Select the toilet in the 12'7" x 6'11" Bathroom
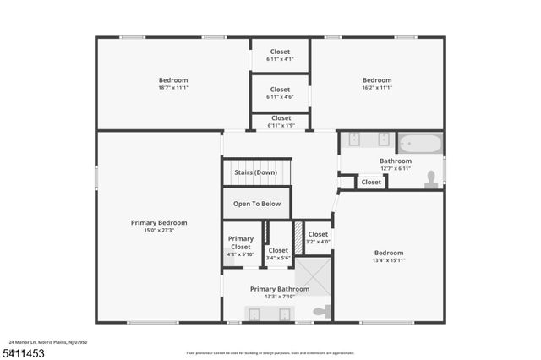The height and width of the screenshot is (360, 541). pyautogui.click(x=431, y=178)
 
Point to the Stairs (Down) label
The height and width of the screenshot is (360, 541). pyautogui.click(x=255, y=172)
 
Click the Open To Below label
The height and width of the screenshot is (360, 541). pyautogui.click(x=257, y=204)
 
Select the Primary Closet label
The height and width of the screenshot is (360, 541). pyautogui.click(x=241, y=243)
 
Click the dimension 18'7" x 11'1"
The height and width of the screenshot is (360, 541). pyautogui.click(x=172, y=88)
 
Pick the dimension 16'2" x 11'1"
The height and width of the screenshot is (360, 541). pyautogui.click(x=377, y=88)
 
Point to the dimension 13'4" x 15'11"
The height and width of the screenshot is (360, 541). pyautogui.click(x=389, y=261)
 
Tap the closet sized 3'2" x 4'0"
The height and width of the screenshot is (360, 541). pyautogui.click(x=318, y=242)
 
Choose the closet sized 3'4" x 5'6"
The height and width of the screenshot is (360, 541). pyautogui.click(x=278, y=258)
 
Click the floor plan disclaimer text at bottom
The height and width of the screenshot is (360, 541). pyautogui.click(x=270, y=352)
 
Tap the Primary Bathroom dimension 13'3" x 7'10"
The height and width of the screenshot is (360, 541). pyautogui.click(x=280, y=297)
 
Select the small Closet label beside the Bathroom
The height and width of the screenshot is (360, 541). pyautogui.click(x=371, y=182)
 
